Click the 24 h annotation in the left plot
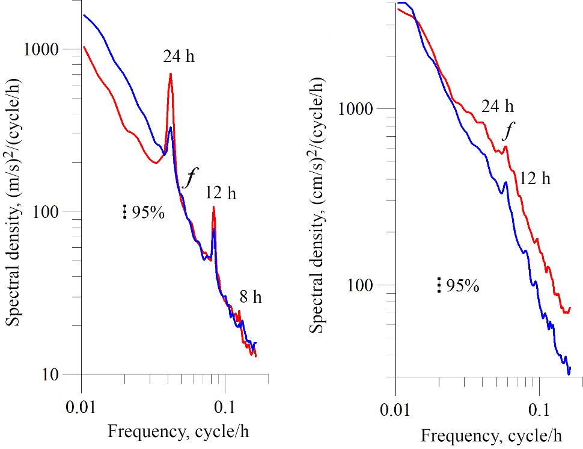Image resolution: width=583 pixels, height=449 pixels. (x=179, y=57)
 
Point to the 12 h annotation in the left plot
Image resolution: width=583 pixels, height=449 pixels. (x=221, y=193)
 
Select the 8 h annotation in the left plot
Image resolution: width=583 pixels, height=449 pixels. (x=251, y=297)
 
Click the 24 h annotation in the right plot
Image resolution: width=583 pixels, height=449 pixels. (x=498, y=107)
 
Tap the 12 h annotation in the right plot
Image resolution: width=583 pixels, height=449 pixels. (x=534, y=178)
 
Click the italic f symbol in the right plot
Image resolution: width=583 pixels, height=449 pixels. (x=510, y=131)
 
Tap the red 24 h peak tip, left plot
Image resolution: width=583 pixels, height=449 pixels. (x=171, y=74)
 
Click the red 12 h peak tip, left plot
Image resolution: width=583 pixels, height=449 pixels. (x=213, y=208)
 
